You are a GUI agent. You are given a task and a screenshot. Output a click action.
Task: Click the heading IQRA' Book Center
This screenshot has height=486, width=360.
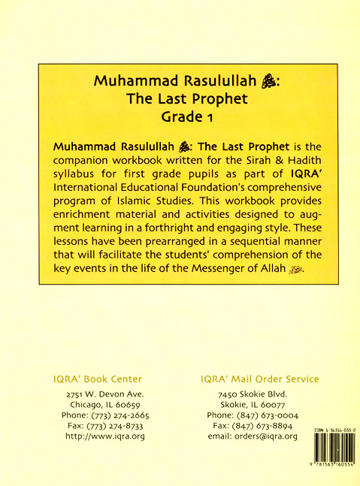93,379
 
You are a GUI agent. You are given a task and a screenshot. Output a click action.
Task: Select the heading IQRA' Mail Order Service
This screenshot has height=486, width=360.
259,379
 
